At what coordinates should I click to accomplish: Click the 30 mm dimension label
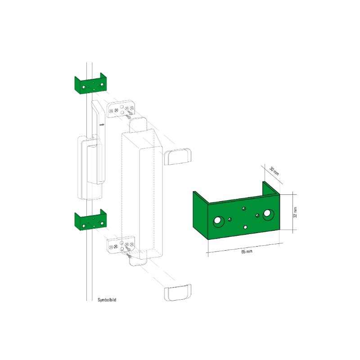[274, 171]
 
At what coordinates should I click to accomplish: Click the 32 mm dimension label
[295, 212]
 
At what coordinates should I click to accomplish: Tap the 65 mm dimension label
[247, 252]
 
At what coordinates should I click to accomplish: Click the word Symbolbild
[107, 300]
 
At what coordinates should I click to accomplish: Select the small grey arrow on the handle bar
[102, 125]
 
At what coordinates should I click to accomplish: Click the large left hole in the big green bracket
[217, 220]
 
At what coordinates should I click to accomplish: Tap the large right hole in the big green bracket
[267, 213]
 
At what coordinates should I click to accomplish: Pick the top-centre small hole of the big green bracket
[244, 208]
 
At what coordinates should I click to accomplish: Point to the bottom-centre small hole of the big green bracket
[245, 227]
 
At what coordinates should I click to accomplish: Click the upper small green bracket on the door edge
[90, 84]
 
